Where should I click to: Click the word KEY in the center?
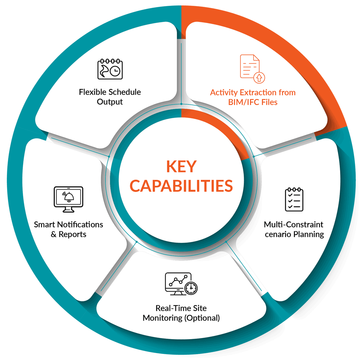tap(182, 166)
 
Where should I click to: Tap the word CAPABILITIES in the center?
tap(182, 186)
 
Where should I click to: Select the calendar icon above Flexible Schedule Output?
tap(110, 69)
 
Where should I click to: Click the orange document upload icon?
tap(252, 69)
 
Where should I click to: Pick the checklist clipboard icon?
tap(294, 200)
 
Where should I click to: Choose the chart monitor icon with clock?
tap(181, 284)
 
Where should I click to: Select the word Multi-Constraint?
tap(293, 224)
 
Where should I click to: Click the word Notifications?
tap(80, 224)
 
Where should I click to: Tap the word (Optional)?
tap(202, 318)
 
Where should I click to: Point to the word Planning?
tap(309, 234)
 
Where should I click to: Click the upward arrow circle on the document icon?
tap(259, 77)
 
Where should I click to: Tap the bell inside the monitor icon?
tap(69, 197)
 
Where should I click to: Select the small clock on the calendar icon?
tap(115, 71)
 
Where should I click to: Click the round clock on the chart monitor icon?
tap(191, 288)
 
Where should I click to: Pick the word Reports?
tap(72, 234)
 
